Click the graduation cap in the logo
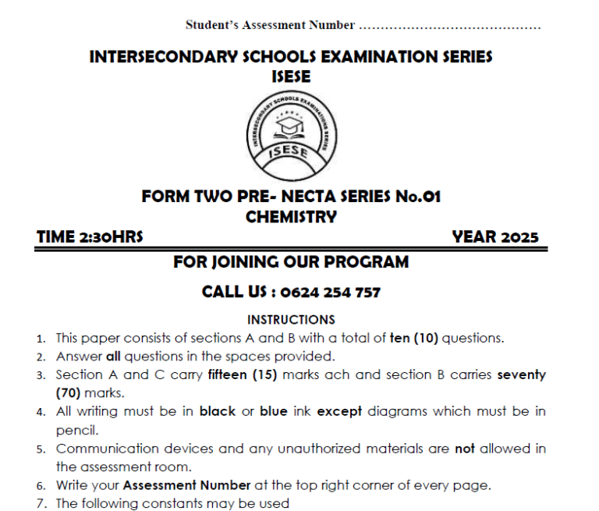tap(292, 124)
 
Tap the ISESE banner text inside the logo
tap(290, 152)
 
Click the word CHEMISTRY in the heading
tap(291, 217)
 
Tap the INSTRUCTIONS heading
tap(291, 319)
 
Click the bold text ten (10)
tap(416, 338)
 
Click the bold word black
tap(218, 411)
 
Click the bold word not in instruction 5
tap(465, 449)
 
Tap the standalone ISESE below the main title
tap(291, 76)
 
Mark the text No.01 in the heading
tap(416, 197)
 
